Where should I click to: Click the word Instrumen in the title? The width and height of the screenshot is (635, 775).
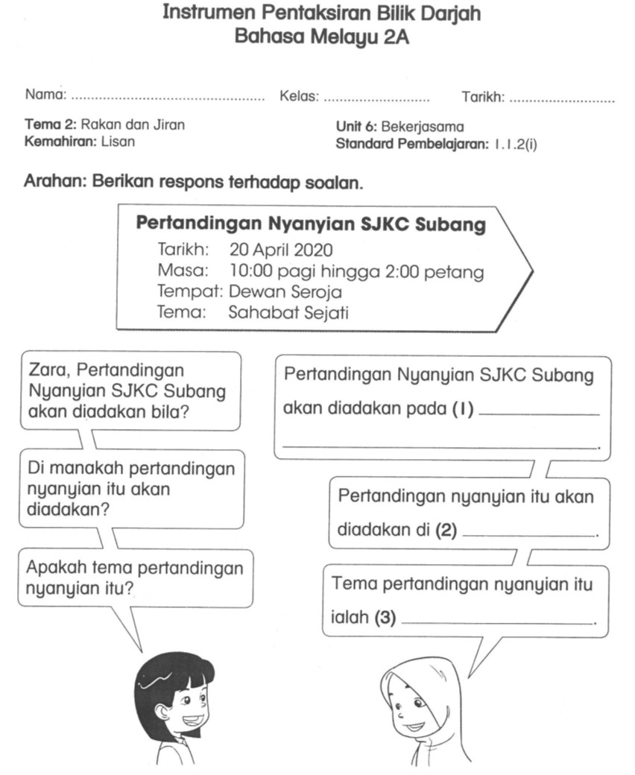(203, 13)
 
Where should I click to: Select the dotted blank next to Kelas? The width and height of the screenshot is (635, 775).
(376, 98)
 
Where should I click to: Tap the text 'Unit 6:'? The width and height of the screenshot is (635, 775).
(357, 127)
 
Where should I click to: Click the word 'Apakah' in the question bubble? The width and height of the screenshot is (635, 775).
(56, 568)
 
